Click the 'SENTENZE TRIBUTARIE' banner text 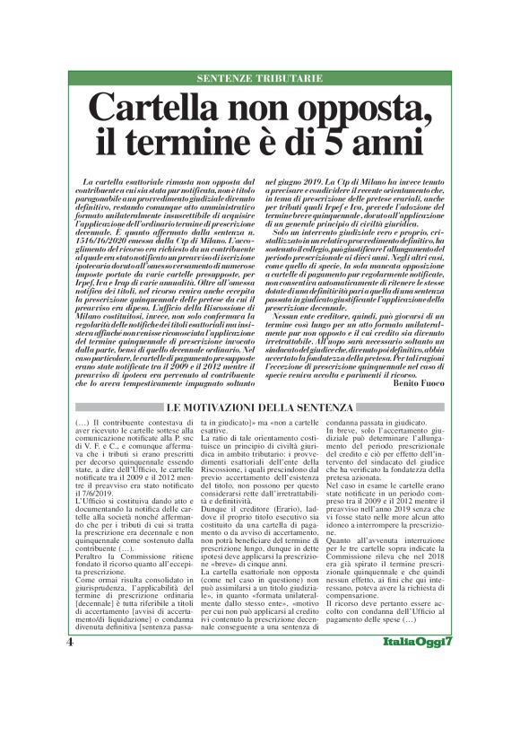point(259,77)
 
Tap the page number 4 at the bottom point(69,669)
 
